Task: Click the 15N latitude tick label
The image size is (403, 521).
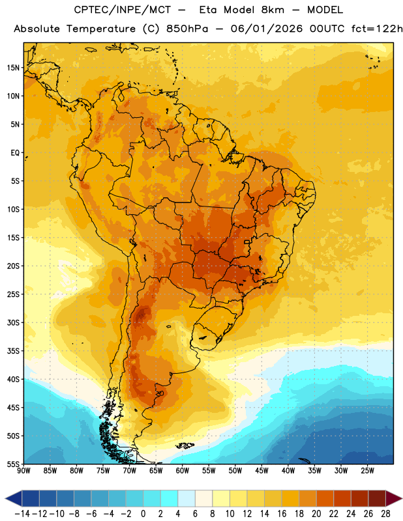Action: click(x=13, y=68)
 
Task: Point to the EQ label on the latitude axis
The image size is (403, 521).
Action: click(x=15, y=153)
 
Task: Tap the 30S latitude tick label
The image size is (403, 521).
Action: click(x=13, y=323)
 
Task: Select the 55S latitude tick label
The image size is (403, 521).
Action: click(x=13, y=464)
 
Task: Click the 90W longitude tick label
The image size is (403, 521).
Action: click(x=23, y=471)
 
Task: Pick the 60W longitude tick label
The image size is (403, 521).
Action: click(x=183, y=471)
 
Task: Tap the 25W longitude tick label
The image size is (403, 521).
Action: click(x=367, y=471)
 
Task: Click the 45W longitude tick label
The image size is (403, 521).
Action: click(x=261, y=471)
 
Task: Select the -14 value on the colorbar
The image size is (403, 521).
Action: click(x=22, y=514)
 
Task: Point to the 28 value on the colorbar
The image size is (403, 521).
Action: click(x=385, y=514)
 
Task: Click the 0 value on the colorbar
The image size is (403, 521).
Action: click(x=143, y=514)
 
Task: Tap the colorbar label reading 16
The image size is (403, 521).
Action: click(x=282, y=514)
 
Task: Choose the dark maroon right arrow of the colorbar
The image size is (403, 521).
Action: click(x=394, y=498)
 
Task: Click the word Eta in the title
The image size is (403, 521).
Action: click(x=208, y=10)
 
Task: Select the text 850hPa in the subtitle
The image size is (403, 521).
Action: click(x=187, y=29)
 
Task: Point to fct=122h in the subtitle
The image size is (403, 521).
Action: click(x=377, y=29)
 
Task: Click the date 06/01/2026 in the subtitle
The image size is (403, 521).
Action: click(x=267, y=29)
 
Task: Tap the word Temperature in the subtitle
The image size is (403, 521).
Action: click(x=101, y=29)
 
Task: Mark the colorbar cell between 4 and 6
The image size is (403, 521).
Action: click(x=187, y=498)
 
